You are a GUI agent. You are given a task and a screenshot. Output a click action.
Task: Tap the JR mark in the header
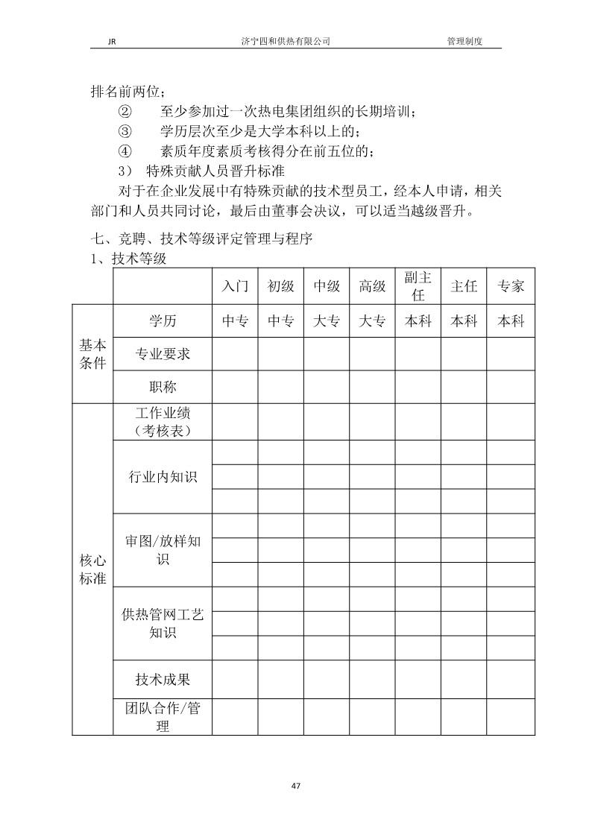click(x=102, y=42)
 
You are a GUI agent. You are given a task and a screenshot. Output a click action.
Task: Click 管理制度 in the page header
click(x=465, y=42)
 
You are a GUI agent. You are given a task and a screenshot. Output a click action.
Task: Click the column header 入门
click(x=235, y=286)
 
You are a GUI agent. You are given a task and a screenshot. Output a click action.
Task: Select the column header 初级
click(x=281, y=286)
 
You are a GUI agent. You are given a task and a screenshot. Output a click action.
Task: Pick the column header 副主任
click(x=418, y=286)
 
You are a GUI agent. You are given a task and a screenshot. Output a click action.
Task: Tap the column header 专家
click(x=510, y=286)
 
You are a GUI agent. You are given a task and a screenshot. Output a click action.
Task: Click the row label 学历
click(x=163, y=321)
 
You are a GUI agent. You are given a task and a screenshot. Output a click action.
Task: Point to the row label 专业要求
click(x=163, y=354)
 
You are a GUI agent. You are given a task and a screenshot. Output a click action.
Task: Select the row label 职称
click(x=163, y=387)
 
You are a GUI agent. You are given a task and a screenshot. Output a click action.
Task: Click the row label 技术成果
click(x=163, y=679)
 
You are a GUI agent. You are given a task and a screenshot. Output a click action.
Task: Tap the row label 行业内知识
click(x=163, y=477)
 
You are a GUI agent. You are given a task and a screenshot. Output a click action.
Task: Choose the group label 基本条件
click(x=93, y=354)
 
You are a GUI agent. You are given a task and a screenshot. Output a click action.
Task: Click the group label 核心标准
click(x=93, y=569)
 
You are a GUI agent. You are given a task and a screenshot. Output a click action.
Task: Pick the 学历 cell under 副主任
click(x=418, y=321)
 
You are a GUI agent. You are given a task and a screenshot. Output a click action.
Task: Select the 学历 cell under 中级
click(x=327, y=321)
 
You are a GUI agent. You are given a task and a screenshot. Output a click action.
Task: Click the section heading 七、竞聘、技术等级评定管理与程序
click(x=201, y=239)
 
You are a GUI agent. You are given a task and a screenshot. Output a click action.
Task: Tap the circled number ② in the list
click(x=125, y=113)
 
